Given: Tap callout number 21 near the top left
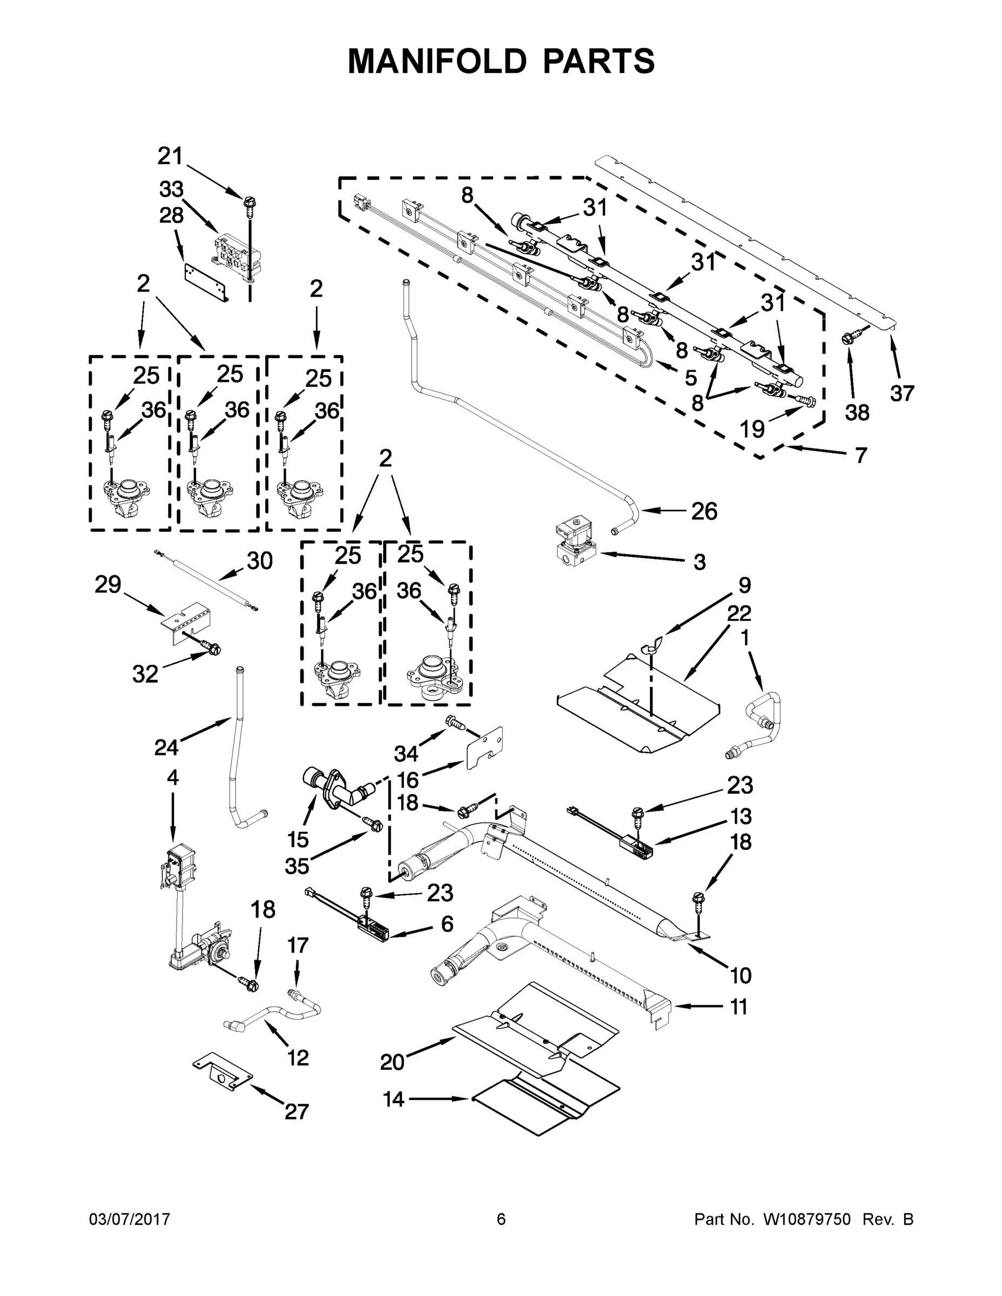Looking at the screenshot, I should (170, 156).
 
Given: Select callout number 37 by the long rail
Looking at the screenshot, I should (902, 393).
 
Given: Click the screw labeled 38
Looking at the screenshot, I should (847, 339).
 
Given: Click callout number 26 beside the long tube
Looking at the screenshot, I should (704, 511).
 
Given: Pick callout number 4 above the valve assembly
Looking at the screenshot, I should (173, 778).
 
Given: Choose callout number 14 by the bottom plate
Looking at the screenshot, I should (394, 1099).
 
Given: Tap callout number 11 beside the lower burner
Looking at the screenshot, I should (738, 1007).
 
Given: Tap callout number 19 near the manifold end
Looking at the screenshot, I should (752, 428).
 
